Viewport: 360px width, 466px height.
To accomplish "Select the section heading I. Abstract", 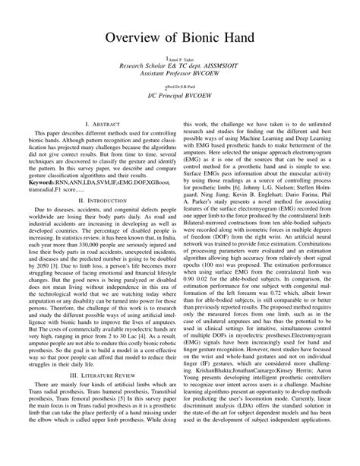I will (99, 122).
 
